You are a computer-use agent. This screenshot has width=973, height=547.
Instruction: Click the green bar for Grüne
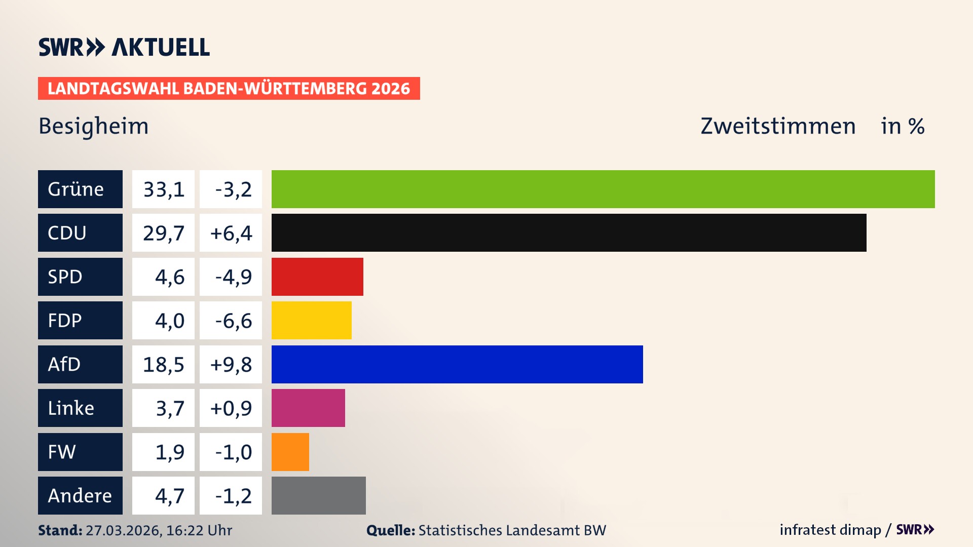click(603, 189)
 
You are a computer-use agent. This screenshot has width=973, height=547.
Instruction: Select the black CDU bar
click(569, 232)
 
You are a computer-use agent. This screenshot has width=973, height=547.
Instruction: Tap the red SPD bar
click(317, 277)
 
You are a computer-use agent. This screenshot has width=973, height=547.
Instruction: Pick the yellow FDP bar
click(311, 320)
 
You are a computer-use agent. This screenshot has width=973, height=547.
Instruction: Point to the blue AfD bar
click(457, 364)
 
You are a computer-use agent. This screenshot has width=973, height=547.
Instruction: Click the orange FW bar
click(290, 452)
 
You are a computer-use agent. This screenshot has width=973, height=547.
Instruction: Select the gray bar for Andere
click(318, 495)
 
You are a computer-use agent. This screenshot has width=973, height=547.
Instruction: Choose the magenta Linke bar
click(308, 408)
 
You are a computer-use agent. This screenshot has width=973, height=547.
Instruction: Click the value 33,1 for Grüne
click(163, 189)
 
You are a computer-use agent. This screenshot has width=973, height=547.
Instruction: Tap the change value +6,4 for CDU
click(231, 233)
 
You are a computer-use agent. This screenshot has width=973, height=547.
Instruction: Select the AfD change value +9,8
click(231, 365)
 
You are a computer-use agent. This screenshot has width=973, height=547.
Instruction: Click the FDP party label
click(65, 321)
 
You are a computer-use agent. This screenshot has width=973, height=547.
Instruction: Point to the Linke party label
click(71, 408)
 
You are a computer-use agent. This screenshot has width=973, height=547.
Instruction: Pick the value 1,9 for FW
click(169, 452)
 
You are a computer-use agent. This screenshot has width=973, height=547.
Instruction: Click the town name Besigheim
click(94, 126)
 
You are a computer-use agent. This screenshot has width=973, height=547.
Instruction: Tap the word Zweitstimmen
click(778, 126)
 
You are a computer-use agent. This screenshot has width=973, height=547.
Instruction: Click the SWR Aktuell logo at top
click(124, 47)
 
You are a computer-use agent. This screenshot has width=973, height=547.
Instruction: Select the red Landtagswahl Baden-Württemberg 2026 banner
click(229, 89)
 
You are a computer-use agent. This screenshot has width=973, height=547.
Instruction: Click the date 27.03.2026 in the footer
click(123, 530)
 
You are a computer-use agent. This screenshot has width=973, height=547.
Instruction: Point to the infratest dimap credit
click(830, 530)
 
